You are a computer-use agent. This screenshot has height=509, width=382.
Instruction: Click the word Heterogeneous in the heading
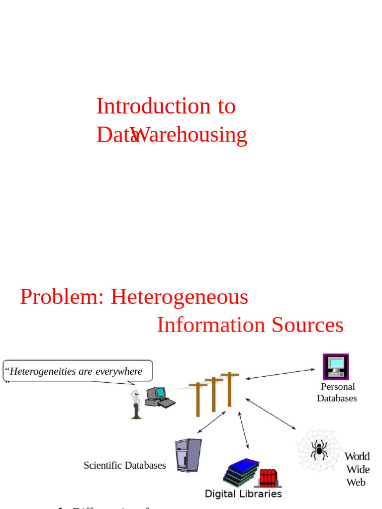pyautogui.click(x=179, y=297)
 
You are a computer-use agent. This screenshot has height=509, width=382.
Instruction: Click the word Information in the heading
pyautogui.click(x=211, y=325)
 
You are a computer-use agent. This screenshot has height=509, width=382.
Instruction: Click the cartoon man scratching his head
pyautogui.click(x=136, y=404)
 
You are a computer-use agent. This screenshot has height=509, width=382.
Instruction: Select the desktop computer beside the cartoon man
pyautogui.click(x=159, y=397)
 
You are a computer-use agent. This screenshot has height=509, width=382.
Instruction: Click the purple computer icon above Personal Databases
pyautogui.click(x=336, y=366)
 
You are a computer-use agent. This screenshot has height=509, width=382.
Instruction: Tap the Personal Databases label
pyautogui.click(x=337, y=392)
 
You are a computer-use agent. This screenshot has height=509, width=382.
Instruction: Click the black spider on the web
pyautogui.click(x=319, y=449)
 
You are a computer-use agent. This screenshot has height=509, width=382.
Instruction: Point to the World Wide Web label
pyautogui.click(x=357, y=469)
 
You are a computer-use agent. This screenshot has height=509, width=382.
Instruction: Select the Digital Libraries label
pyautogui.click(x=243, y=494)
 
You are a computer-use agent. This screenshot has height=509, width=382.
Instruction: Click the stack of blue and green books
pyautogui.click(x=241, y=471)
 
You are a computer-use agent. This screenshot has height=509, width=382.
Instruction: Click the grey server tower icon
pyautogui.click(x=188, y=455)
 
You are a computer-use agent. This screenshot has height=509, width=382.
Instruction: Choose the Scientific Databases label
pyautogui.click(x=124, y=465)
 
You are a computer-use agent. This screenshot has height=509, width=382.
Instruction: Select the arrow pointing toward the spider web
pyautogui.click(x=271, y=414)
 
